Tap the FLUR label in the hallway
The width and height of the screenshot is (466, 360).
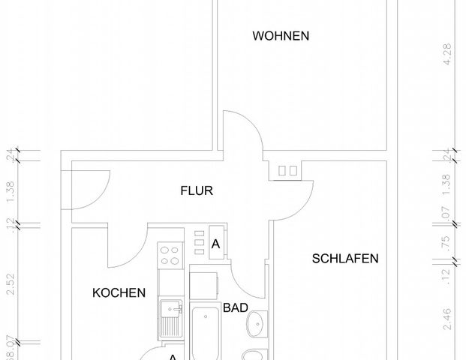click(197, 191)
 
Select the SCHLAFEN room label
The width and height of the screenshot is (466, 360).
click(345, 259)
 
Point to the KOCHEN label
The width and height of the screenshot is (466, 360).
click(119, 293)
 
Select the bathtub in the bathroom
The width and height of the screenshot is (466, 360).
click(206, 334)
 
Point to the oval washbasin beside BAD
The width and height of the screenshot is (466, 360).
click(258, 323)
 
